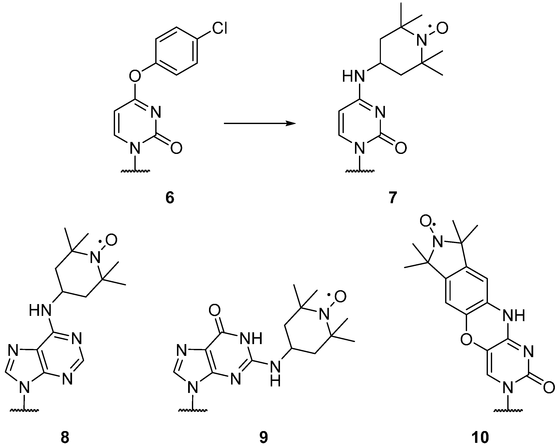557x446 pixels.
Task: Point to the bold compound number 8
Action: point(65,437)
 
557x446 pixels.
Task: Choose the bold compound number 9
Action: point(263,437)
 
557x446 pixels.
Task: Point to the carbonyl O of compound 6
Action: point(176,148)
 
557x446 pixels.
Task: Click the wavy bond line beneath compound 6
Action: point(135,171)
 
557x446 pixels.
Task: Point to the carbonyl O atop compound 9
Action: point(215,310)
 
